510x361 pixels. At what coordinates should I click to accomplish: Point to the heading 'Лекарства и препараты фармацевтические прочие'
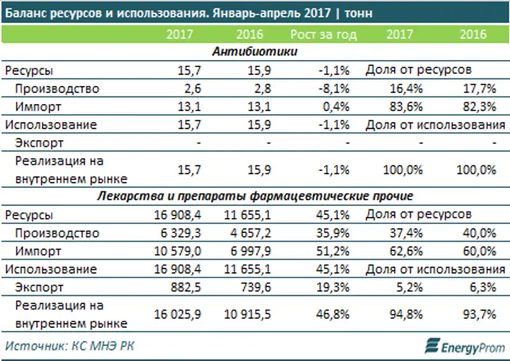click(x=255, y=195)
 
